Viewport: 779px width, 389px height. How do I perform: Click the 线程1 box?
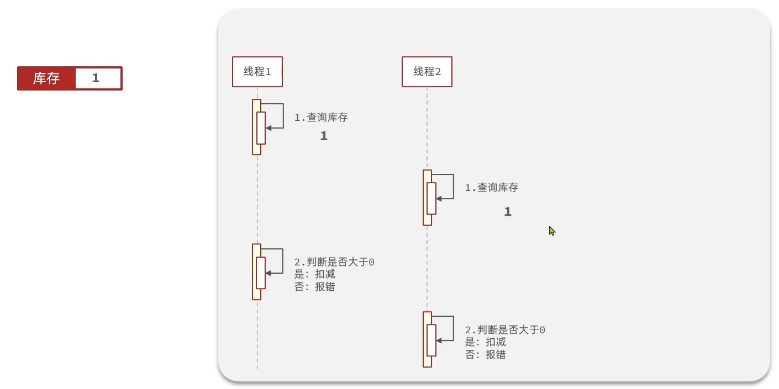tap(257, 72)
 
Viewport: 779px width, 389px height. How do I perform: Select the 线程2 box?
tap(427, 72)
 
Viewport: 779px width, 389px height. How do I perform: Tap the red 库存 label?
tap(46, 78)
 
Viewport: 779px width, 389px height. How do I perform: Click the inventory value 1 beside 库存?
tap(96, 78)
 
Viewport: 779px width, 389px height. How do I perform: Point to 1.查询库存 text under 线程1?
tap(321, 118)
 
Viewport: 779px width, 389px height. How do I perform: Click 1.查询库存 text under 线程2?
tap(491, 188)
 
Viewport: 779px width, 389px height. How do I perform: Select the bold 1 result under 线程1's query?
tap(324, 136)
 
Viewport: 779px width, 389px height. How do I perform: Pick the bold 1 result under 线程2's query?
tap(508, 212)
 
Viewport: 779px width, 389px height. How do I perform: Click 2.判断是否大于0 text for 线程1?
tap(334, 262)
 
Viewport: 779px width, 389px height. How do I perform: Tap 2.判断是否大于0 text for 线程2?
tap(505, 330)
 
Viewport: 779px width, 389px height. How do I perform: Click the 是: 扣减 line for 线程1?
tap(314, 274)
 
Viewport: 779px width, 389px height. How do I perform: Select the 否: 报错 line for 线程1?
tap(314, 287)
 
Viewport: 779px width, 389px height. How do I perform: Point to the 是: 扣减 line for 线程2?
tap(485, 342)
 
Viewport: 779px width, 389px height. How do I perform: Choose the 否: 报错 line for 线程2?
tap(485, 355)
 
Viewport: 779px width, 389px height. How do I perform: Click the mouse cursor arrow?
tap(551, 231)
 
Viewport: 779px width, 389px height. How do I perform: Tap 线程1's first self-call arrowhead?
tap(269, 128)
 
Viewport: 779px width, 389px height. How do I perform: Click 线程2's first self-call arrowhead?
tap(439, 199)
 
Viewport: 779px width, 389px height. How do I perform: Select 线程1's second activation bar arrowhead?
tap(269, 273)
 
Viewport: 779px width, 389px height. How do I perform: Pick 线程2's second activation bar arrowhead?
tap(439, 341)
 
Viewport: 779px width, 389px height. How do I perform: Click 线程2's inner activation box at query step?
tap(431, 198)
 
